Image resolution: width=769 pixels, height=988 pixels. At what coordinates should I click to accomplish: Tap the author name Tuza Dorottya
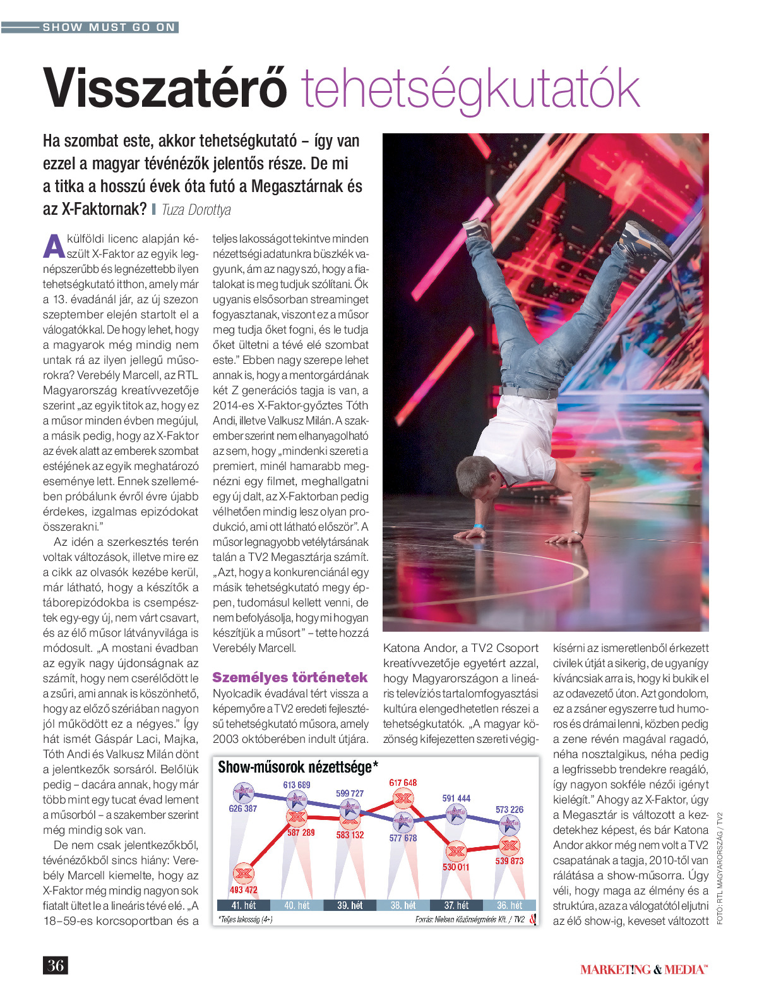(x=196, y=210)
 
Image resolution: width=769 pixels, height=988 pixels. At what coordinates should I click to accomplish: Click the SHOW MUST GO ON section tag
(x=109, y=27)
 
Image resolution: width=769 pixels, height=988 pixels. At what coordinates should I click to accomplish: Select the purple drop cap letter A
(x=54, y=247)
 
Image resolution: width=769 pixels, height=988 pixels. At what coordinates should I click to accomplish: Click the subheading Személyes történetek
(x=290, y=678)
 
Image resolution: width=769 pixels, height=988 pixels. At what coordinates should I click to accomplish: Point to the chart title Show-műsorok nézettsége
(x=298, y=768)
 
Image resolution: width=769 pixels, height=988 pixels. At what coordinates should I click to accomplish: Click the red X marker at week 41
(x=244, y=874)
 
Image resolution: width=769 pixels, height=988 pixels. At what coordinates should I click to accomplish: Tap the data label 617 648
(x=403, y=783)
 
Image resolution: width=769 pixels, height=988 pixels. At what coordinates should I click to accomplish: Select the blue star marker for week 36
(x=509, y=824)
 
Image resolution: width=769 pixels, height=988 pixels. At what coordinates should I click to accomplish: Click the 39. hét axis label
(x=350, y=905)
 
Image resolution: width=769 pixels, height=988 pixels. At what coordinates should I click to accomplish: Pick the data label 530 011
(x=456, y=867)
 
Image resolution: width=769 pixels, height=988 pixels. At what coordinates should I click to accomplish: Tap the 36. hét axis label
(x=510, y=905)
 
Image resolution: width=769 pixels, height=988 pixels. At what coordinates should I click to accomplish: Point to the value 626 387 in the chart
(x=243, y=809)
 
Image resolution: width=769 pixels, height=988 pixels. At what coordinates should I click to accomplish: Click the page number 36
(x=56, y=965)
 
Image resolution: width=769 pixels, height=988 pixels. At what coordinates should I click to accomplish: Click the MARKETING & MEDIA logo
(x=644, y=969)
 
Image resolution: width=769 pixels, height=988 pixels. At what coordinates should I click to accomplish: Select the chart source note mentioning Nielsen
(x=470, y=920)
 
